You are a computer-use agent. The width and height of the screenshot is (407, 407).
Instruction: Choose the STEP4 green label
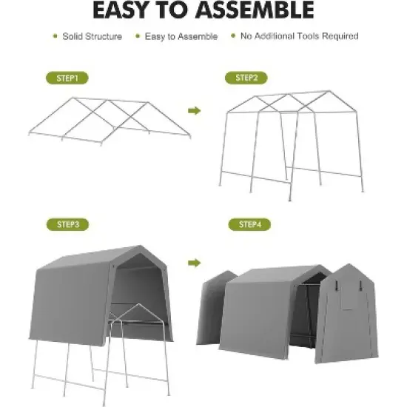[x=250, y=224]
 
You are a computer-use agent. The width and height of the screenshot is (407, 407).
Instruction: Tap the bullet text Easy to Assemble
[x=181, y=36]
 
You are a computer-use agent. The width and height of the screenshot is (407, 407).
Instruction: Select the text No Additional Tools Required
[x=300, y=36]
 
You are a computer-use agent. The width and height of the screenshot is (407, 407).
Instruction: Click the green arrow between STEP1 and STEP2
[x=195, y=111]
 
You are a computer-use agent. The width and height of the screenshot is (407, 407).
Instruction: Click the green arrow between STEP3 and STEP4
[x=195, y=262]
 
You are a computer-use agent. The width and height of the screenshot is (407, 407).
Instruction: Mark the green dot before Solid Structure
[x=54, y=36]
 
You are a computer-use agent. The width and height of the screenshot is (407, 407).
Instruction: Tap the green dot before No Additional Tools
[x=234, y=36]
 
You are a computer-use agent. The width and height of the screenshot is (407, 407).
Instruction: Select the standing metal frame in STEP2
[x=292, y=141]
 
